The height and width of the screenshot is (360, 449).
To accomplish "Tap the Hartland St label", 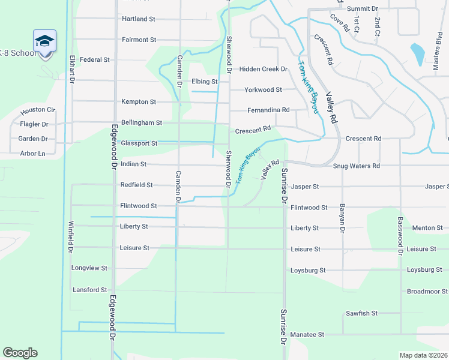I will pos(139,19).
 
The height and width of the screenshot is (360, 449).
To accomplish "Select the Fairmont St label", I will pos(139,40).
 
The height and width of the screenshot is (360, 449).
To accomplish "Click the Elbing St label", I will pos(204,82).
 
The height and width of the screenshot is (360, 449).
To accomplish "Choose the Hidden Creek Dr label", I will pos(264,70).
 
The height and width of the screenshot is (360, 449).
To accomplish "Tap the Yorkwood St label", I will pos(263,90).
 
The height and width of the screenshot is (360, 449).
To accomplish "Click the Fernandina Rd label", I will pos(268,110).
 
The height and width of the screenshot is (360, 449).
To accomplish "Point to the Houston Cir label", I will pos(38,111).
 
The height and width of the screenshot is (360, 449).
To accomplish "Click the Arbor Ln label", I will pos(32,154).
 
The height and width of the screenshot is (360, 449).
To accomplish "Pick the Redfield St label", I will pos(136,185).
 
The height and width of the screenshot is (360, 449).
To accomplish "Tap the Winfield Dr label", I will pos(70,237).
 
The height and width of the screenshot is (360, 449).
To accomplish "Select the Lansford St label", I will pos(89,290).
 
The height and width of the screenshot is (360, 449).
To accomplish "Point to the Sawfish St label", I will pos(361,313).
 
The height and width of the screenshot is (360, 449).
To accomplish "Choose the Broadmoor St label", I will pos(424,292).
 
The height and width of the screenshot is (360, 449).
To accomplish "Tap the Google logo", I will pos(20,353).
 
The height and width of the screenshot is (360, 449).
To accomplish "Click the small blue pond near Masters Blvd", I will pos(415,54).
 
